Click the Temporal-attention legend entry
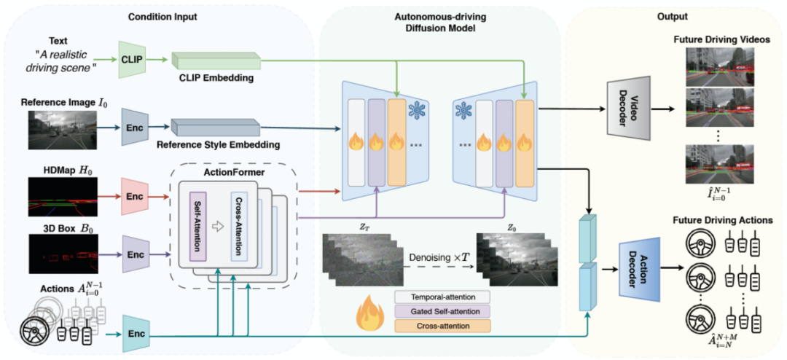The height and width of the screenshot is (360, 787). pos(442,297)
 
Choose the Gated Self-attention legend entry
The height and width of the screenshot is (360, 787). pos(442,311)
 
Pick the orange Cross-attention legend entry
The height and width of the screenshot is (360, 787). pos(442,326)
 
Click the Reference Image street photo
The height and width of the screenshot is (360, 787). pos(62,130)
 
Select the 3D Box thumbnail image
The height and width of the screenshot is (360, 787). pos(62,254)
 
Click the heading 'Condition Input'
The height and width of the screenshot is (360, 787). pos(162,17)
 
